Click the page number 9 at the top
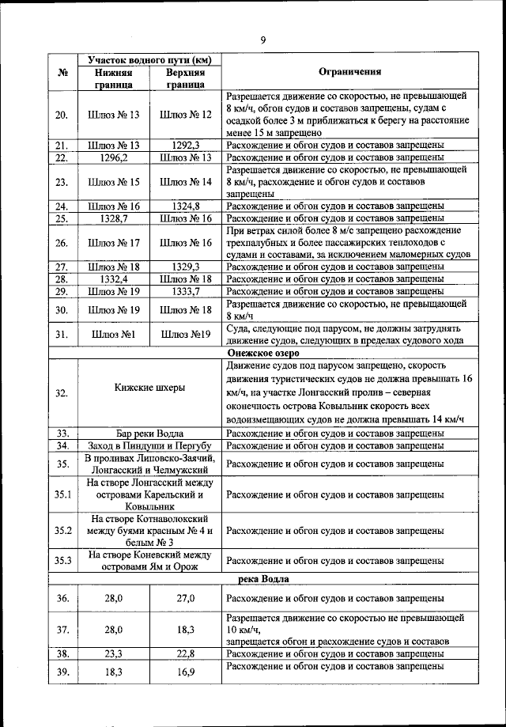point(263,40)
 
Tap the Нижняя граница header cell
point(113,77)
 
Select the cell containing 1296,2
point(113,157)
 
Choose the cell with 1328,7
point(113,218)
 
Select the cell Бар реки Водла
point(149,433)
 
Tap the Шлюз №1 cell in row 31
point(113,334)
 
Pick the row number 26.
point(62,243)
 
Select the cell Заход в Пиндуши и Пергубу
point(149,445)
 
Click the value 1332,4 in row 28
point(113,279)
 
